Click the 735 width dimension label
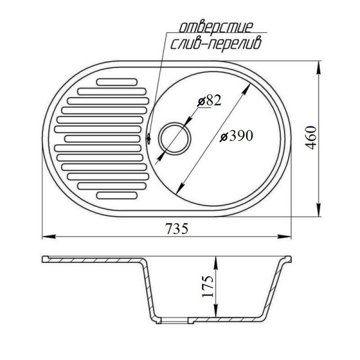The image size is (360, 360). (177, 229)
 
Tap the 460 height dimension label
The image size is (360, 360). (311, 138)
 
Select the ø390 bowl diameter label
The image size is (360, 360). (236, 135)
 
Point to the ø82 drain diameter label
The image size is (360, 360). (209, 100)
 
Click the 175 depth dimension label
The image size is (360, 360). (208, 286)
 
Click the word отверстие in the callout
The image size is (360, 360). (216, 27)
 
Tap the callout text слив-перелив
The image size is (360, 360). (216, 44)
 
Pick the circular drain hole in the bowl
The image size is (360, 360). (175, 139)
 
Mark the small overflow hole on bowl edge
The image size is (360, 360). (148, 139)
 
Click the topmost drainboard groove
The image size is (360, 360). (117, 82)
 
